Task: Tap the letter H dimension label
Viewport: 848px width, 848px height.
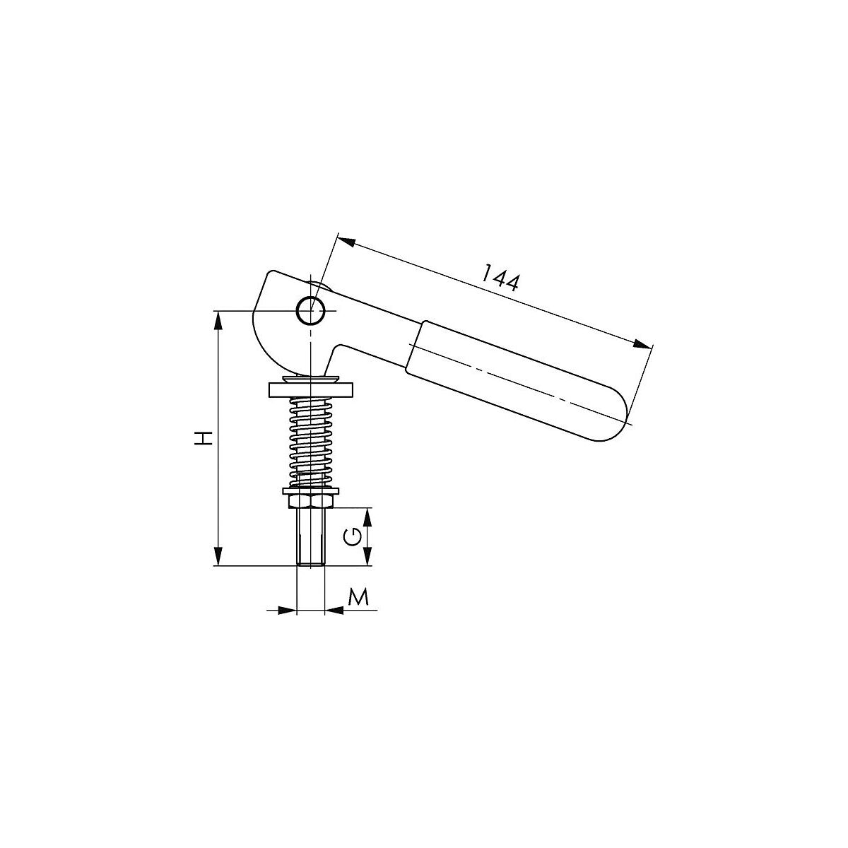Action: tap(204, 438)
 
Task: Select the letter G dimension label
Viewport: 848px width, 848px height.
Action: tap(353, 536)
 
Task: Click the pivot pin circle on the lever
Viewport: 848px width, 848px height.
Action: tap(311, 311)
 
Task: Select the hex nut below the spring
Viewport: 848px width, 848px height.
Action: tap(311, 501)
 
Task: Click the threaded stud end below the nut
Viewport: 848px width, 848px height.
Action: tap(311, 537)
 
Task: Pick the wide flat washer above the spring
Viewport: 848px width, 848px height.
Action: tap(310, 390)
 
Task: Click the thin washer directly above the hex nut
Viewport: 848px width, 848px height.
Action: tap(311, 490)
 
